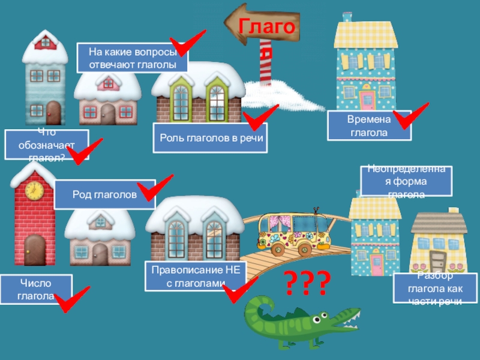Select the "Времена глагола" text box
[369, 125]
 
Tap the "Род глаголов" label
[104, 194]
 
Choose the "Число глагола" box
[35, 289]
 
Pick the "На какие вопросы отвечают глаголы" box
[132, 58]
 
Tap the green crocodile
[300, 324]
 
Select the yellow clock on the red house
[34, 190]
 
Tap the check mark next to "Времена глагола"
[411, 115]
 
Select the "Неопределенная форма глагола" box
[406, 181]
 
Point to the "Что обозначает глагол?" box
[47, 145]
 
